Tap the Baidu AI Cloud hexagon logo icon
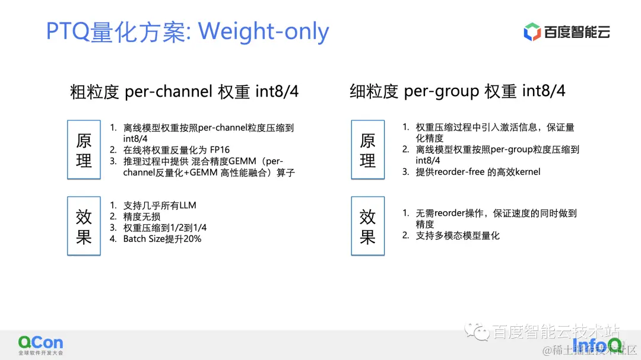coord(532,32)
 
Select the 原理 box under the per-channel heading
coord(84,149)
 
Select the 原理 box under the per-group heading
coord(367,149)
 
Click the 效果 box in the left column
coord(84,226)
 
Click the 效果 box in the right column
coord(367,226)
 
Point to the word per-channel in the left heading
coord(169,91)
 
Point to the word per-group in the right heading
coord(442,91)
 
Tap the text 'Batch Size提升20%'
coord(162,239)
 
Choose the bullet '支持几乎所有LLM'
coord(159,205)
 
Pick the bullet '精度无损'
coord(141,216)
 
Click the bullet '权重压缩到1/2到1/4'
coord(164,228)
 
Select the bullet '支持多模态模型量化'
coord(458,235)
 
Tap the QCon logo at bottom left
coord(40,343)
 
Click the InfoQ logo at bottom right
coord(596,344)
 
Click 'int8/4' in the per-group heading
coord(544,91)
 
